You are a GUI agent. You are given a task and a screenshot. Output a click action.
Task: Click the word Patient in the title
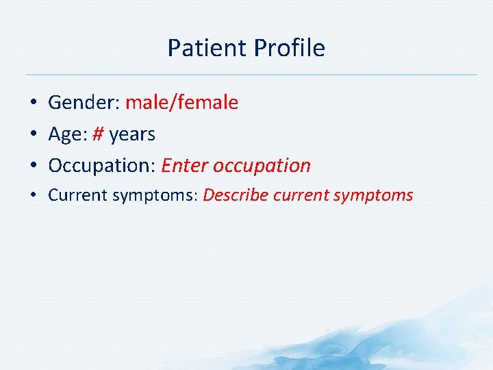pos(207,48)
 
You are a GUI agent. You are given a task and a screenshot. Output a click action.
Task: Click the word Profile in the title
pos(289,48)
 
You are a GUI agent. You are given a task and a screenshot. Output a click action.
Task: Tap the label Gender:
pos(84,103)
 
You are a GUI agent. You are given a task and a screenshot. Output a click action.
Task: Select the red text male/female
pos(181,102)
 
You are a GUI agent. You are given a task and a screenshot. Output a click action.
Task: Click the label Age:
pos(68,134)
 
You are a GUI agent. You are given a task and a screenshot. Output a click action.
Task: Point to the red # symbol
pos(98,134)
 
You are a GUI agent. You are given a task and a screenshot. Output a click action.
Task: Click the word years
pos(132,135)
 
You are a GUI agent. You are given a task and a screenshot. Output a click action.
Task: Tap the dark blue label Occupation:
pos(102,166)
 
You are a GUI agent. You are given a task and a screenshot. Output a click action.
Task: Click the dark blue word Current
pos(77,195)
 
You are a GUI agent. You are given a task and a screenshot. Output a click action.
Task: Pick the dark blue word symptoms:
pos(155,196)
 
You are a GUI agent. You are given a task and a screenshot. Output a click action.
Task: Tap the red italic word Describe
pos(236,195)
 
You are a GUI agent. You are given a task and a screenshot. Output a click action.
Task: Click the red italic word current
pos(301,195)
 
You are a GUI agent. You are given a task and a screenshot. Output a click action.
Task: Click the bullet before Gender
pos(34,102)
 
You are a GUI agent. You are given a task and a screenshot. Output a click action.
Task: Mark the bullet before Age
pos(34,134)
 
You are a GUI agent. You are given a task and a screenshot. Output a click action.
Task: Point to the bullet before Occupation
pos(34,165)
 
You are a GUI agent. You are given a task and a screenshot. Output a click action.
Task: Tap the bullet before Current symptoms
pos(34,195)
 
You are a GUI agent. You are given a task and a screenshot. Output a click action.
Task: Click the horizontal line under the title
pos(251,75)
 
